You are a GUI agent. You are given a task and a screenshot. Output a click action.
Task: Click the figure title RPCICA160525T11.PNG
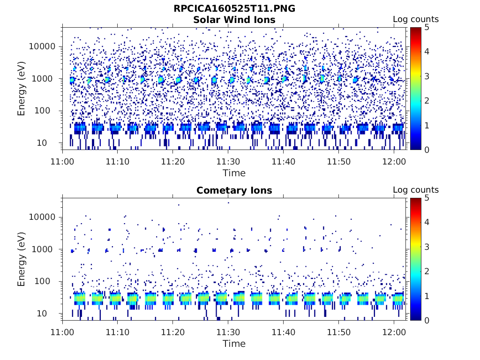[234, 8]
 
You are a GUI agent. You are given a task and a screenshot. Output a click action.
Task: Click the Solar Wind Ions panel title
[234, 20]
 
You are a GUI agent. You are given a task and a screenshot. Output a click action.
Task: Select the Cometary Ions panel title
[234, 190]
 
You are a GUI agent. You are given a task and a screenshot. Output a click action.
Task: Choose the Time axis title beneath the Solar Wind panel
[234, 173]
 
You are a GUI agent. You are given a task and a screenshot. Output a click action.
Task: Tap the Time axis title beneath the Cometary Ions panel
[234, 344]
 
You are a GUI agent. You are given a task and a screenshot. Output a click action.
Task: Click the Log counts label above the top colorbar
[415, 19]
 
